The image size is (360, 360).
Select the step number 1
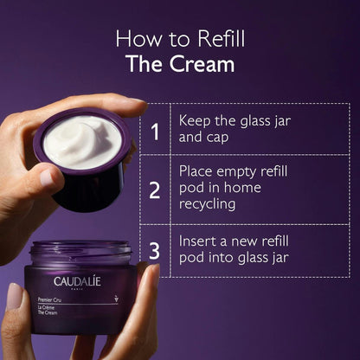coord(154,132)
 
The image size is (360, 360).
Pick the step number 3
coord(154,251)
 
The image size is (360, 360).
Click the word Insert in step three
coord(199,240)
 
